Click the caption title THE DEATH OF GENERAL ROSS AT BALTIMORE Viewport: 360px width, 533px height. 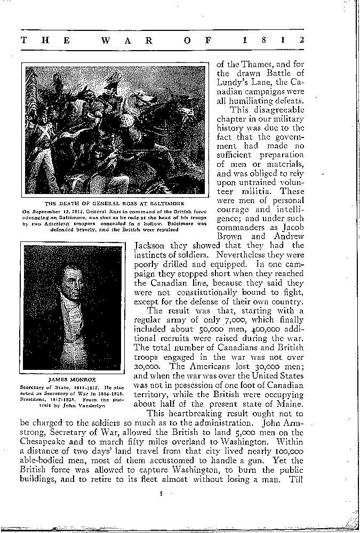[115, 204]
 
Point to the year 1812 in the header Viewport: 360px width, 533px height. [273, 40]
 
